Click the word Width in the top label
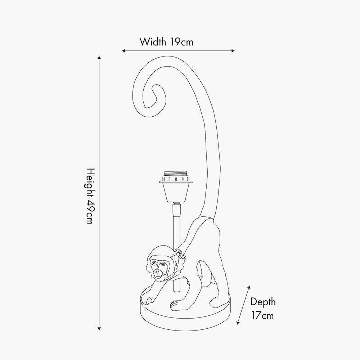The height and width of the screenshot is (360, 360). tap(153, 42)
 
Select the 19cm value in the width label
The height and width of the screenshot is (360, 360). tap(182, 42)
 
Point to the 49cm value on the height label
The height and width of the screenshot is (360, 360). tap(90, 212)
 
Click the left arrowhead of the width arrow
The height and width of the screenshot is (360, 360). tap(123, 51)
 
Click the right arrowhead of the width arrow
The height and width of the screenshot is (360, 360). tap(233, 51)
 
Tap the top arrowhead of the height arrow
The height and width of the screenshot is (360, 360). tap(99, 58)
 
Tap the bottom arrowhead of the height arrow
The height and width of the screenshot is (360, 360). tap(99, 329)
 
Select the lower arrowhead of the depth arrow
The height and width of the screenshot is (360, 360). tap(238, 323)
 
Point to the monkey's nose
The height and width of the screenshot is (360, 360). tap(157, 271)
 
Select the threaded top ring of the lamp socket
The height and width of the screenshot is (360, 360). tap(176, 174)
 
